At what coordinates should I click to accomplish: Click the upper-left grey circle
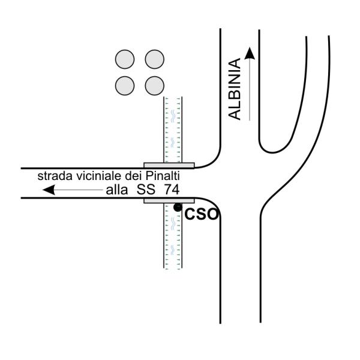pos(125,59)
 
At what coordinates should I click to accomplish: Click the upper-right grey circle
pos(155,59)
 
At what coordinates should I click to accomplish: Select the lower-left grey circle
pos(125,86)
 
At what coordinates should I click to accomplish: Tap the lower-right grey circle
pos(155,86)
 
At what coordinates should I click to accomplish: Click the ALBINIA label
pos(235,89)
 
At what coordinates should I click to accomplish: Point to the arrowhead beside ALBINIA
pos(250,53)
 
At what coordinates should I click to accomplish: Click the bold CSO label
pos(201,214)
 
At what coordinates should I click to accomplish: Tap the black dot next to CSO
pos(178,208)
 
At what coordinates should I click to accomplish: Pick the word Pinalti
pos(163,176)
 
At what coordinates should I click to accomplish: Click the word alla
pos(116,190)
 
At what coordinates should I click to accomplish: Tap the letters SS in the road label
pos(146,190)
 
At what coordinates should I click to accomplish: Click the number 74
pos(172,190)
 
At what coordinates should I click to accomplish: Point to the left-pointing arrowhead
pos(49,190)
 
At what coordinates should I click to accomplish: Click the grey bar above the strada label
pos(169,166)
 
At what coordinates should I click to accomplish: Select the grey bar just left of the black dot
pos(169,200)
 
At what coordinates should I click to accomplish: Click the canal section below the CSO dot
pos(173,236)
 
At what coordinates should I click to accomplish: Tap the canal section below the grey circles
pos(173,130)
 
